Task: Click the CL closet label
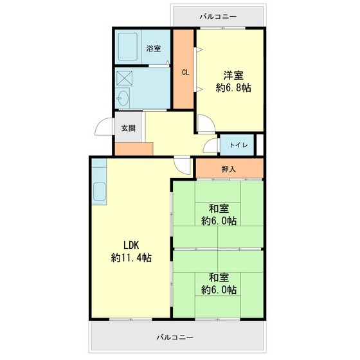185,72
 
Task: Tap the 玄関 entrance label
127,127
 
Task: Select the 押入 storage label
229,170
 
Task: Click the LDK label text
132,244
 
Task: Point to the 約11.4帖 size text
131,258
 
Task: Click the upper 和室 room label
219,208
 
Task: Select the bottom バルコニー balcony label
175,337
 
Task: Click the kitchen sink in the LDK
100,192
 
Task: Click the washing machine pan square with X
125,78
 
